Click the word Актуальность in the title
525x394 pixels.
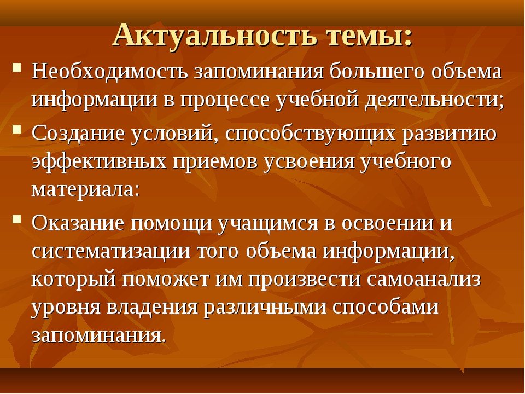tap(214, 36)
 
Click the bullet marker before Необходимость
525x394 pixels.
tap(16, 67)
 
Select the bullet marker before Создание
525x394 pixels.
tap(16, 129)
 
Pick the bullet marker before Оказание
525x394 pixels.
tap(16, 219)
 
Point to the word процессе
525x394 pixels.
tap(225, 101)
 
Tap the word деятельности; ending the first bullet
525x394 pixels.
tap(434, 100)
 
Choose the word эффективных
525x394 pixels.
tap(99, 162)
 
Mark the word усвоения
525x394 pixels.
tap(308, 162)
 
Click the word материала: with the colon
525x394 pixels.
tap(85, 190)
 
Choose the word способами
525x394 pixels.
tap(386, 308)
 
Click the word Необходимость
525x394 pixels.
tap(109, 72)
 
